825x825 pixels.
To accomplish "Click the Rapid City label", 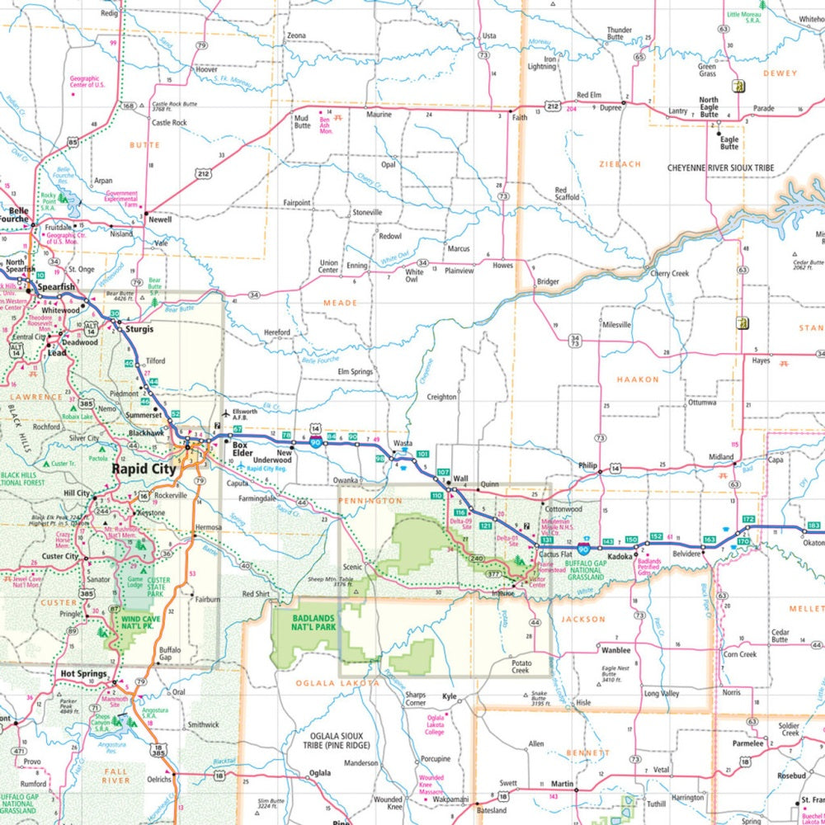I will click(x=143, y=468).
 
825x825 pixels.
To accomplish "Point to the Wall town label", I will click(x=460, y=478).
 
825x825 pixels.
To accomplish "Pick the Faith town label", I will click(x=519, y=118).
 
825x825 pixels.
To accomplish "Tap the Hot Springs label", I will click(x=83, y=674).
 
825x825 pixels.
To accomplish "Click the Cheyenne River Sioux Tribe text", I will click(x=720, y=167).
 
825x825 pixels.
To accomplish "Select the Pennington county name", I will click(x=370, y=500).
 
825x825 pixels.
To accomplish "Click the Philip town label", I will click(x=587, y=465).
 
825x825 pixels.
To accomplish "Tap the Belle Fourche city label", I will click(x=14, y=214).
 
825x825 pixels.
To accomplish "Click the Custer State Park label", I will click(x=158, y=585).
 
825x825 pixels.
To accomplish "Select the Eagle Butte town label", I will click(x=729, y=143).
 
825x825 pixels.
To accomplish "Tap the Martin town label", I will click(x=562, y=783).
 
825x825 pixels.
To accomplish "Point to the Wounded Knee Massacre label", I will click(x=431, y=782).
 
